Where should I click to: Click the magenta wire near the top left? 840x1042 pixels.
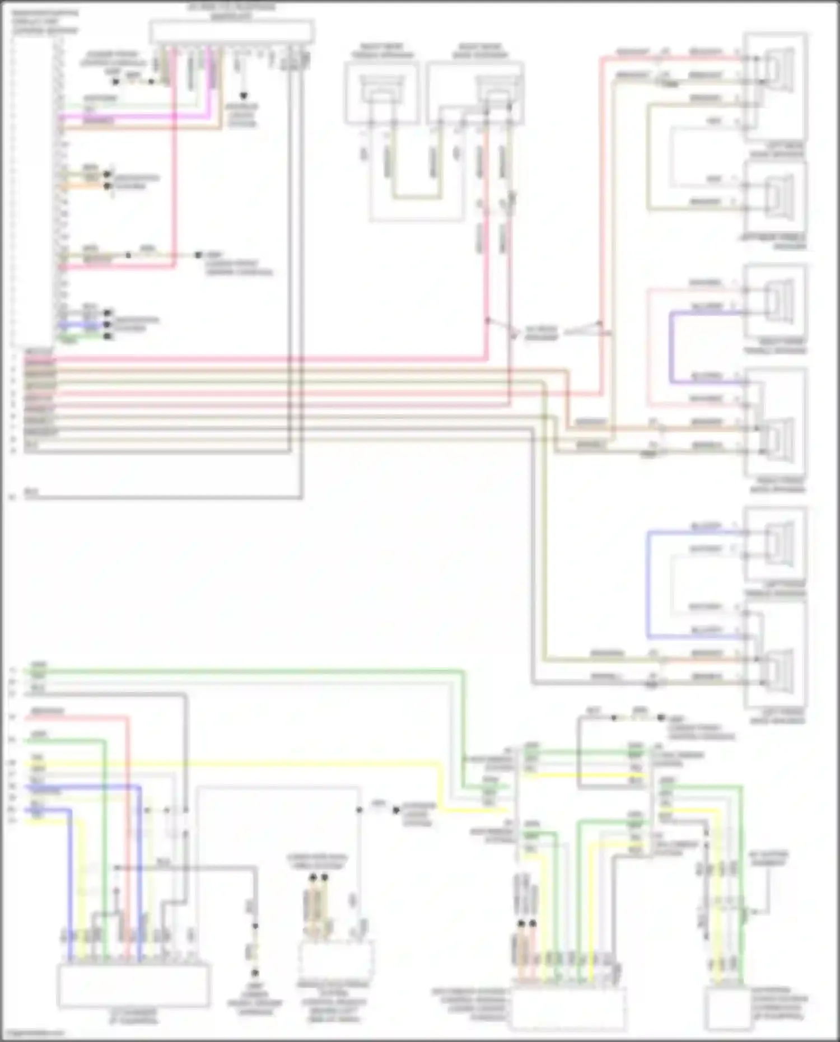point(134,116)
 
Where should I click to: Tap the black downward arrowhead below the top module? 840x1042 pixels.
point(243,96)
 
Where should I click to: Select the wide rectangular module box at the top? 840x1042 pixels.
point(231,32)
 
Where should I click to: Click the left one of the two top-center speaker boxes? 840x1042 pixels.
point(381,92)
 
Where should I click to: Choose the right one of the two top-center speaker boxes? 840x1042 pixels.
point(475,92)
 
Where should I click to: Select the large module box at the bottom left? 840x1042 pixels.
point(134,985)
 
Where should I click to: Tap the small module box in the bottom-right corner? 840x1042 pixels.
point(727,1008)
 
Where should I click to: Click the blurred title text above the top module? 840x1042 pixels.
point(231,11)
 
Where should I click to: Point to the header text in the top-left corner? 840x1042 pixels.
point(45,21)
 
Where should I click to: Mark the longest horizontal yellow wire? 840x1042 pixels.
point(235,763)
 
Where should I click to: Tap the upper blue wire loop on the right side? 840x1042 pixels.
point(671,347)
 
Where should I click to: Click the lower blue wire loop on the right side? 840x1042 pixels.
point(648,582)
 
